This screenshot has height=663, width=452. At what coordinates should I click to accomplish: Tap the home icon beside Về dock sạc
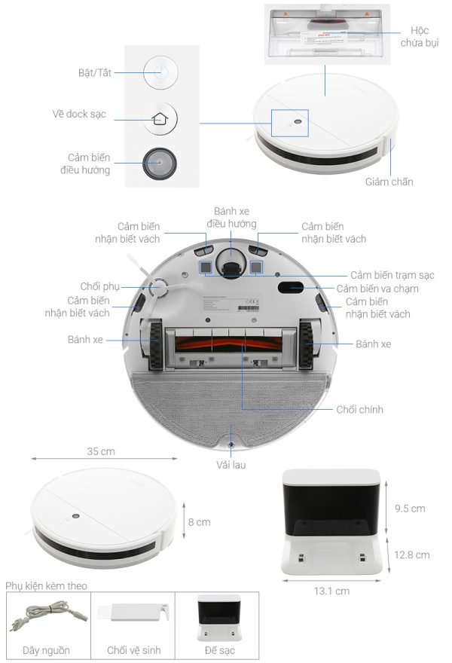click(159, 118)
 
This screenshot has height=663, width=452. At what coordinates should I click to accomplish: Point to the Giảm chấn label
click(389, 182)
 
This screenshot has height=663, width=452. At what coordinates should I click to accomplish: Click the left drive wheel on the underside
click(154, 345)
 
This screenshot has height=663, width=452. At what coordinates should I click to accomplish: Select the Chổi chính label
click(360, 410)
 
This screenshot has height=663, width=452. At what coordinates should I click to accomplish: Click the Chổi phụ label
click(100, 287)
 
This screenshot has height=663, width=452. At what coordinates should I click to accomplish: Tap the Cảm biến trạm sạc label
click(392, 275)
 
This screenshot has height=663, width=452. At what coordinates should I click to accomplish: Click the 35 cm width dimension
click(101, 451)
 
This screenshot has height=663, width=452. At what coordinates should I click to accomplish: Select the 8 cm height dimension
click(199, 521)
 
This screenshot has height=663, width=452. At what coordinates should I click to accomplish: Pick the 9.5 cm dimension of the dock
click(411, 509)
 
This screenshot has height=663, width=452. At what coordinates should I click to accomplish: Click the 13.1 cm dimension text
click(331, 591)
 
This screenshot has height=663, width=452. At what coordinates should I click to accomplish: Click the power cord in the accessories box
click(47, 616)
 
